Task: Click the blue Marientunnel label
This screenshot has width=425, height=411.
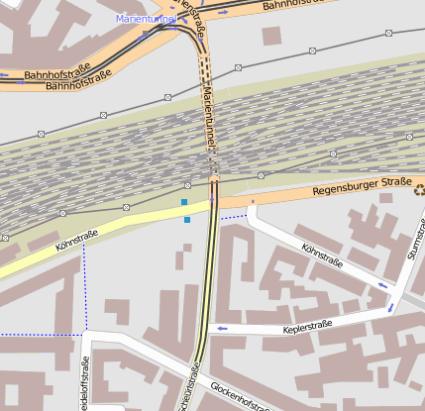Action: pyautogui.click(x=146, y=19)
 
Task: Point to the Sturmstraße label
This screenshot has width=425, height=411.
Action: pyautogui.click(x=412, y=254)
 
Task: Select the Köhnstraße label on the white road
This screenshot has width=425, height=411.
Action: pyautogui.click(x=321, y=257)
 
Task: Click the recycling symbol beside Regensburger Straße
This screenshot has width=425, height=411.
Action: pyautogui.click(x=419, y=190)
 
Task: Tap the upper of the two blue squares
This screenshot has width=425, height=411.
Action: pyautogui.click(x=184, y=202)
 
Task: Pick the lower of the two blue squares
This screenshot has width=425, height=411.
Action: pyautogui.click(x=187, y=220)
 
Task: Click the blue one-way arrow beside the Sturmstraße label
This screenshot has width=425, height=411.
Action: pyautogui.click(x=393, y=305)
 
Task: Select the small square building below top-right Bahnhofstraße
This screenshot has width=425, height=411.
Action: pyautogui.click(x=271, y=35)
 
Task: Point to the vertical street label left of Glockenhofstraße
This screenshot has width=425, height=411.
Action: pyautogui.click(x=191, y=391)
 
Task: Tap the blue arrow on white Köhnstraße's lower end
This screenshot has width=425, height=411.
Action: pyautogui.click(x=381, y=285)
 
